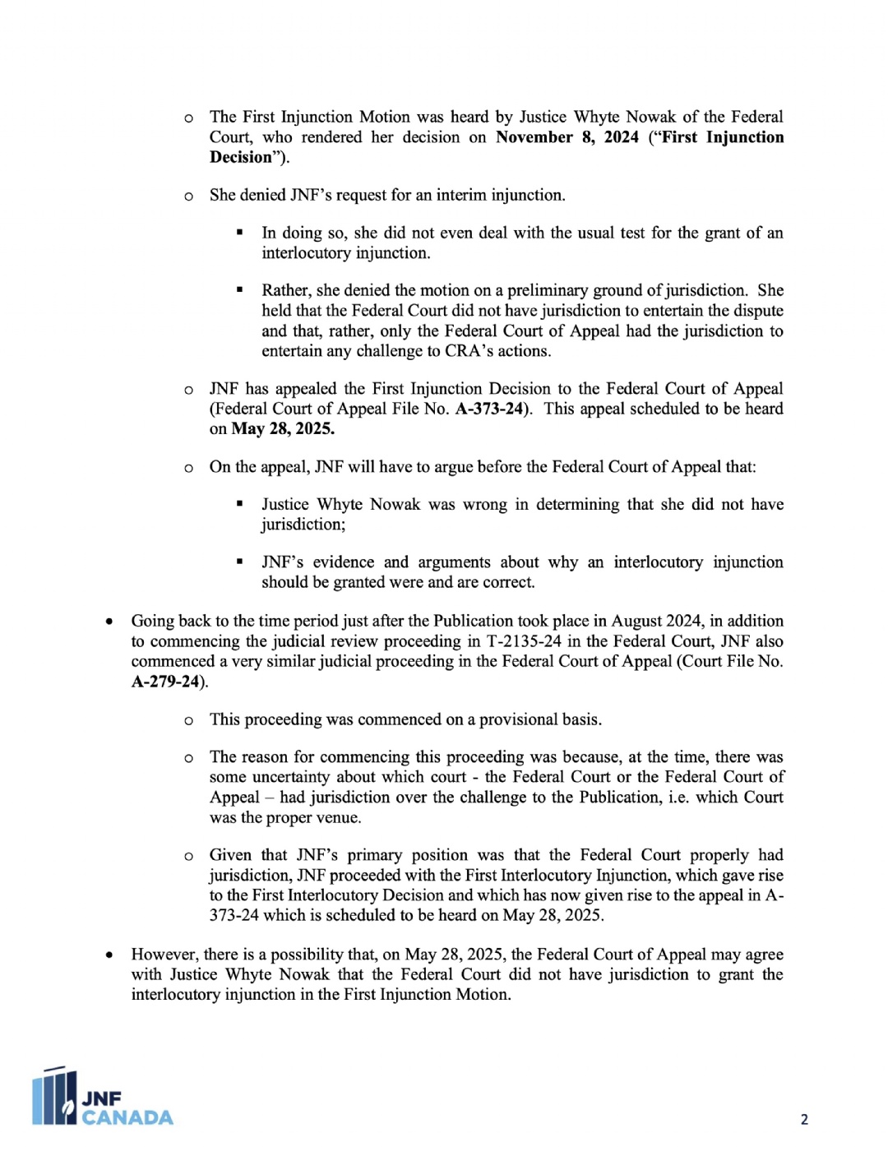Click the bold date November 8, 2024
(567, 137)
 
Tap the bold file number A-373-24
(490, 409)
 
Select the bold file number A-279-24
(165, 682)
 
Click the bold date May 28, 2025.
(283, 428)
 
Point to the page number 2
(804, 1119)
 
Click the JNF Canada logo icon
(54, 1097)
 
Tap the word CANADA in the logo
(127, 1117)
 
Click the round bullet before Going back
(109, 622)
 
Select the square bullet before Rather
(239, 290)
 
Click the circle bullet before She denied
(189, 196)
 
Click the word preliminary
(548, 290)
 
